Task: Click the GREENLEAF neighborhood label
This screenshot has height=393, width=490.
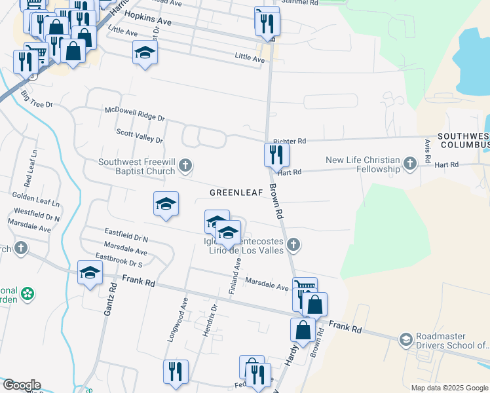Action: pyautogui.click(x=236, y=193)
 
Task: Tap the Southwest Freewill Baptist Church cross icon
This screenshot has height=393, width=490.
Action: pyautogui.click(x=185, y=164)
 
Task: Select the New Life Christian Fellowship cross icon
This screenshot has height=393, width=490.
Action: pyautogui.click(x=410, y=163)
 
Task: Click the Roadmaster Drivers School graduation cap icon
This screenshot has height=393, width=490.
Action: pyautogui.click(x=406, y=339)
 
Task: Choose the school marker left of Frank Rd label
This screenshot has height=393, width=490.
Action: pyautogui.click(x=90, y=272)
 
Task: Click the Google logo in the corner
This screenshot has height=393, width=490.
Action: pyautogui.click(x=21, y=385)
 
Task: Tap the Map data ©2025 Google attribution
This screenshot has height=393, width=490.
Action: pyautogui.click(x=449, y=387)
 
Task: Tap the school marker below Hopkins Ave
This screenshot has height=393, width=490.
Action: pyautogui.click(x=145, y=52)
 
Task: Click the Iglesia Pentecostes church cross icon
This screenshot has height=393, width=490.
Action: pyautogui.click(x=293, y=245)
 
